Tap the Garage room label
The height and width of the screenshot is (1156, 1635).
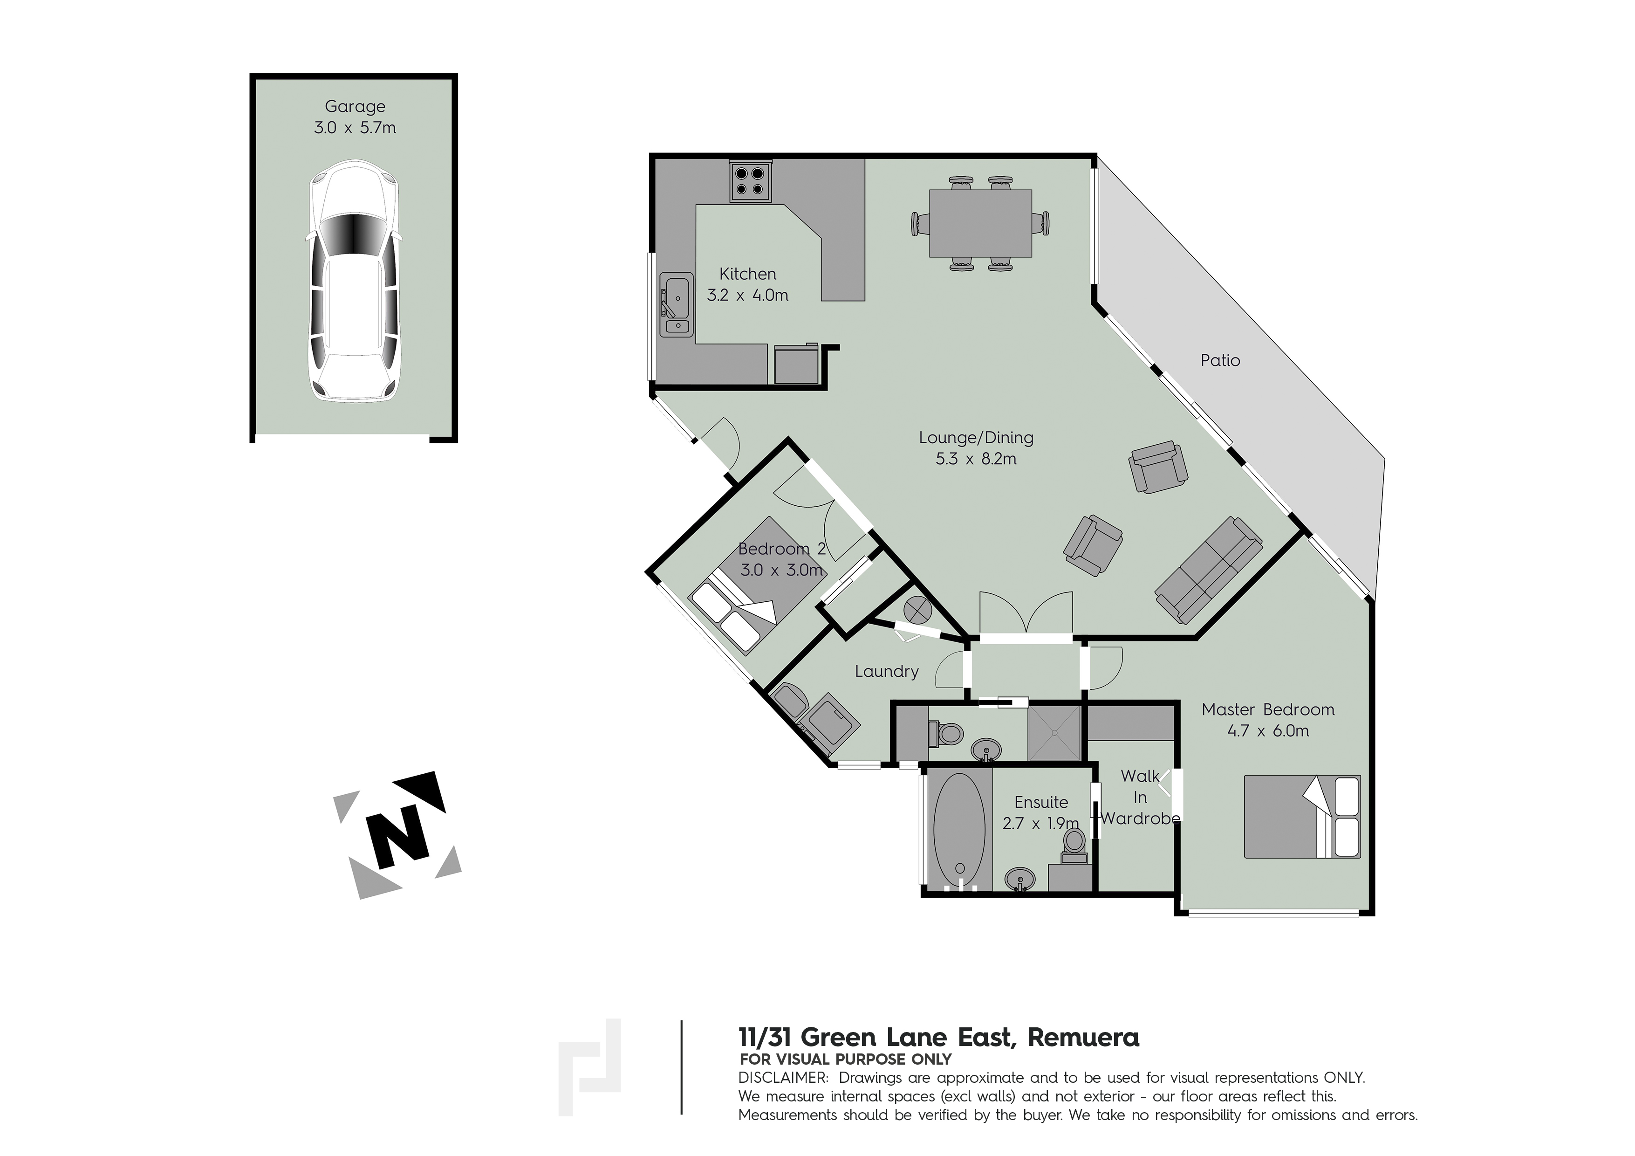[355, 106]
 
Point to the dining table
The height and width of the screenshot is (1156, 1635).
[980, 223]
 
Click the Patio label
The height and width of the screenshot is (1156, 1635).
[1220, 360]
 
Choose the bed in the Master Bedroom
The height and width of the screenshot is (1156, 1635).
[1302, 816]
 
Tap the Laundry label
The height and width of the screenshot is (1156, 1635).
[887, 671]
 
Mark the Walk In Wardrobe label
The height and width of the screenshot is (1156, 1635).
[1140, 797]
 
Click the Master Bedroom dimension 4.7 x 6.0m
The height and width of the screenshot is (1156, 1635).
[1268, 731]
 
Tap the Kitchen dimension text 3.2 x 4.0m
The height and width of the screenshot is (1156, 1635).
[748, 296]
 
